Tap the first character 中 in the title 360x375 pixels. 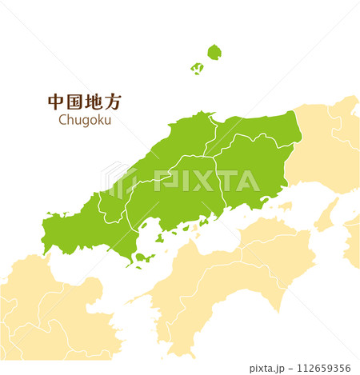pos(56,102)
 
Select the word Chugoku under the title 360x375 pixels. pos(85,120)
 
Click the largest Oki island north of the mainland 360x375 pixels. pos(214,53)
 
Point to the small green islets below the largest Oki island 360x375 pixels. pos(197,69)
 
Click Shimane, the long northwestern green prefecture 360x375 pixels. pos(160,156)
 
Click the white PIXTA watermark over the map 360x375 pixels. pos(204,181)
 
